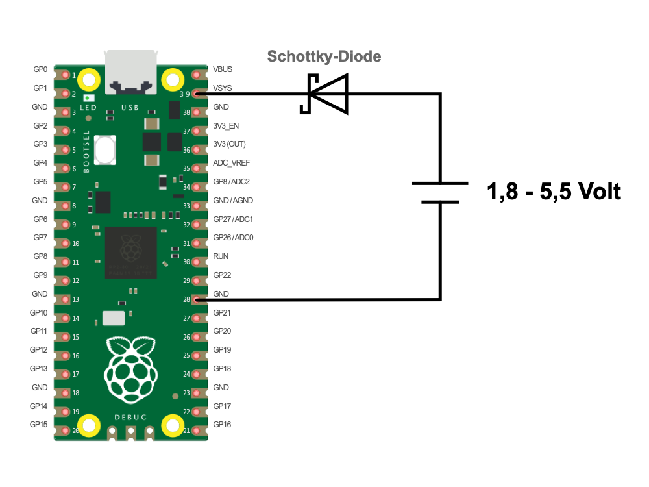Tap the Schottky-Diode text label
tap(324, 57)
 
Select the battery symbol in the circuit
tap(441, 192)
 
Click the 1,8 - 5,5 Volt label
tap(554, 192)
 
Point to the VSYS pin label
tap(223, 88)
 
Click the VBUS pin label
tap(223, 69)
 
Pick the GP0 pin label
tap(40, 69)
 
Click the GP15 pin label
tap(39, 425)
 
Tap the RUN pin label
tap(221, 256)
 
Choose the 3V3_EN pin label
tap(226, 125)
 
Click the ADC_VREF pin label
tap(231, 163)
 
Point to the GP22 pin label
tap(222, 275)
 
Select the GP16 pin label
tap(222, 425)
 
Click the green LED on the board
tap(88, 97)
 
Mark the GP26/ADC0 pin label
tap(233, 238)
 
